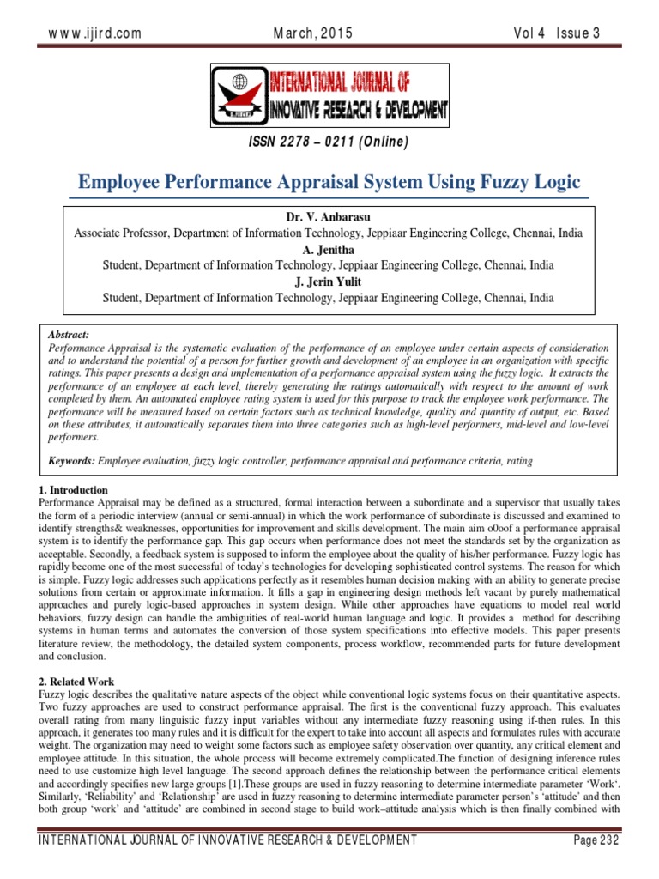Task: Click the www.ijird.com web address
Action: pyautogui.click(x=94, y=33)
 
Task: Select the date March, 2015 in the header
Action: pyautogui.click(x=312, y=33)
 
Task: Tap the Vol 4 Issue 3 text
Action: pyautogui.click(x=555, y=33)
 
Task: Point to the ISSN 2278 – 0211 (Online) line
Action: pyautogui.click(x=329, y=142)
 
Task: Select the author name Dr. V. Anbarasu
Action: pyautogui.click(x=329, y=216)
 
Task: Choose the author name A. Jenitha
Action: pyautogui.click(x=329, y=249)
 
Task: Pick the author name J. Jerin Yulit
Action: pyautogui.click(x=329, y=282)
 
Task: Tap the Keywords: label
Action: pyautogui.click(x=71, y=461)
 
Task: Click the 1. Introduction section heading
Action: pyautogui.click(x=78, y=489)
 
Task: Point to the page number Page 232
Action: pyautogui.click(x=596, y=839)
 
